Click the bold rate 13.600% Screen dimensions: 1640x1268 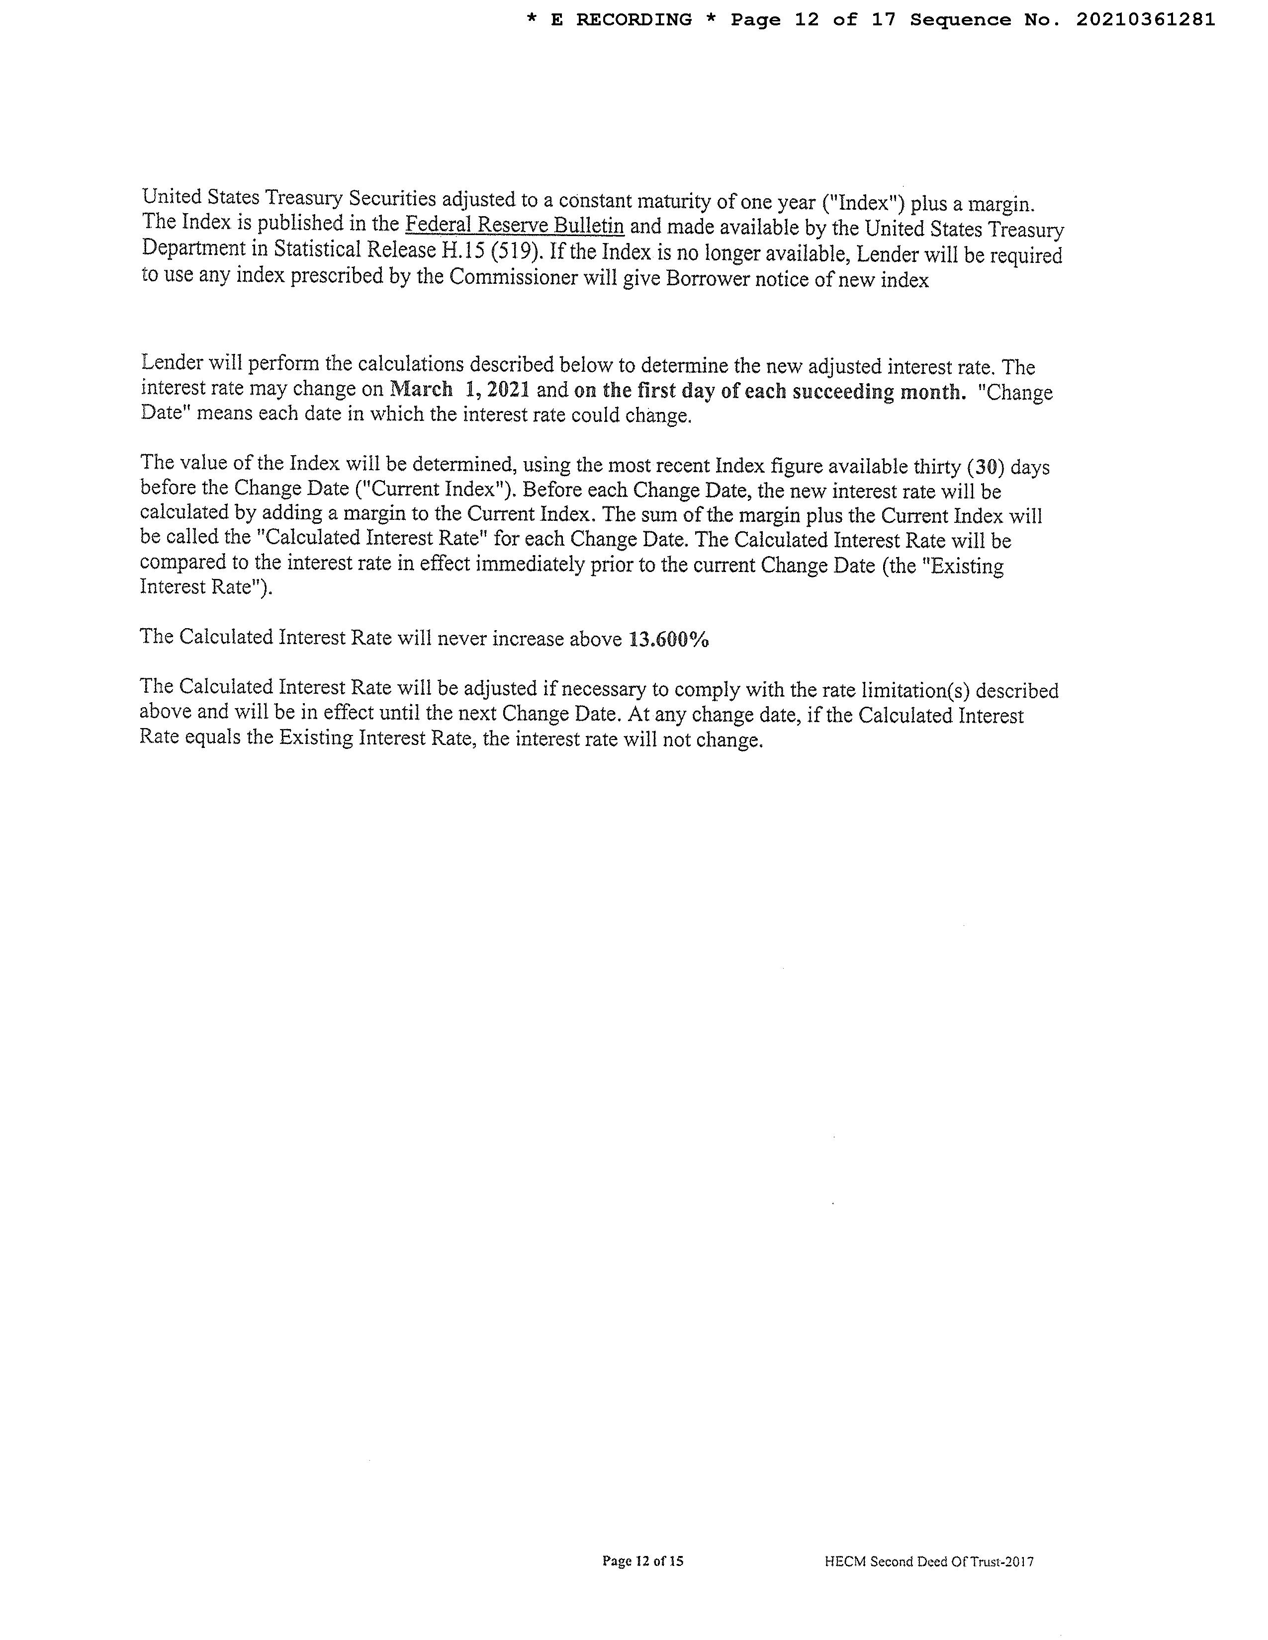point(668,639)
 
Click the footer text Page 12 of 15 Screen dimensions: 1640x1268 point(642,1561)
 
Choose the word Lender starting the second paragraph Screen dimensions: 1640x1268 point(171,363)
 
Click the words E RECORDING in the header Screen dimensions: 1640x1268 point(621,20)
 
